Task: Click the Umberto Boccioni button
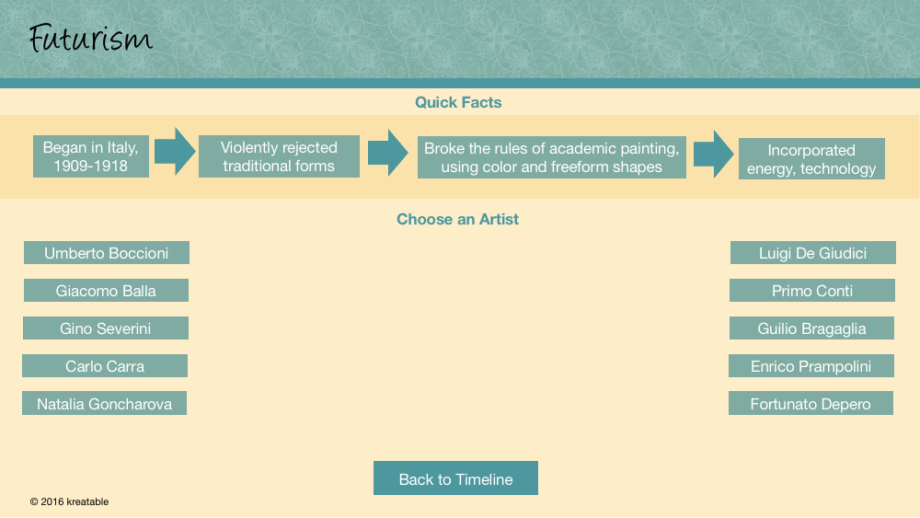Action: [106, 253]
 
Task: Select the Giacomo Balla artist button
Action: [106, 291]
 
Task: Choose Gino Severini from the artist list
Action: [106, 328]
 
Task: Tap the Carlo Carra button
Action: [105, 365]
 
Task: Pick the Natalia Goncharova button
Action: [105, 403]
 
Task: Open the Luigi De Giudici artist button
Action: [812, 253]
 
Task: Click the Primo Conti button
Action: [812, 291]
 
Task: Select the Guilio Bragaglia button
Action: [811, 328]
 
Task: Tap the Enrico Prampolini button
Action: [811, 365]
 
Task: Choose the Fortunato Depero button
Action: [811, 403]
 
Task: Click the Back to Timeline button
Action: [456, 478]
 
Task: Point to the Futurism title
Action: [90, 39]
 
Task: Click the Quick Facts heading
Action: [458, 102]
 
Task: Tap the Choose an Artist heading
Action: [457, 219]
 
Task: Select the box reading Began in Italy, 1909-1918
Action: [91, 156]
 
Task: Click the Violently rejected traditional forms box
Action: [280, 156]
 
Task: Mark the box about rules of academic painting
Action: [551, 157]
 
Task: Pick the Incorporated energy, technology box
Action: [811, 159]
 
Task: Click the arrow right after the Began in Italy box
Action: [174, 152]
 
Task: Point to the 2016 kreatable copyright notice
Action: [69, 501]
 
